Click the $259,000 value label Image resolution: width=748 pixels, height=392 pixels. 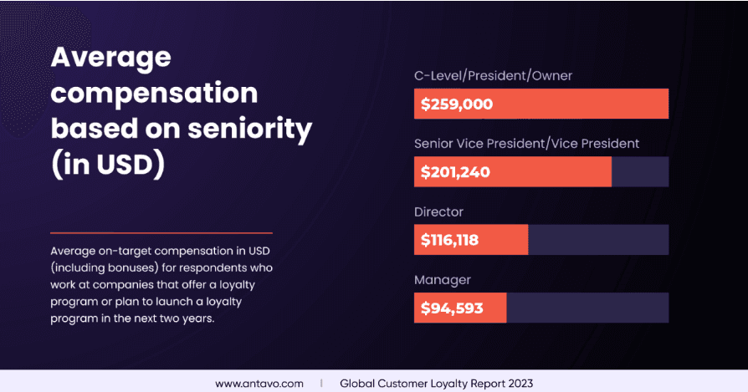coord(456,104)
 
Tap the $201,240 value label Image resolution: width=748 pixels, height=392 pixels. coord(455,172)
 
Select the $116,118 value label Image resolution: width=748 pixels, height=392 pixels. coord(449,240)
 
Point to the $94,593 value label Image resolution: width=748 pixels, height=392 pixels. coord(452,308)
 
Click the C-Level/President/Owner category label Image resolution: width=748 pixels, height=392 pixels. coord(493,76)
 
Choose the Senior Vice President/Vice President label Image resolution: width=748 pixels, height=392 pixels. coord(526,144)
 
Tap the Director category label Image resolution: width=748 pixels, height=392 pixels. coord(438,211)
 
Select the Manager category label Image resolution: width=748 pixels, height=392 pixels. coord(442,279)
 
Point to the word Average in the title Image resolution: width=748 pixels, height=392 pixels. coord(110,58)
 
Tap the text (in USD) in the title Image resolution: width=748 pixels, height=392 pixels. coord(106,165)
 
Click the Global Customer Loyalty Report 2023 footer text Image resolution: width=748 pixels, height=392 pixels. coord(435,384)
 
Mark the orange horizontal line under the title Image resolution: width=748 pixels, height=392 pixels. coord(161,232)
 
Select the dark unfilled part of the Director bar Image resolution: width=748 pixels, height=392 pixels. coord(598,240)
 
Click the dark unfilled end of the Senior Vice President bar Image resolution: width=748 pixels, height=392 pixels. coord(640,172)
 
